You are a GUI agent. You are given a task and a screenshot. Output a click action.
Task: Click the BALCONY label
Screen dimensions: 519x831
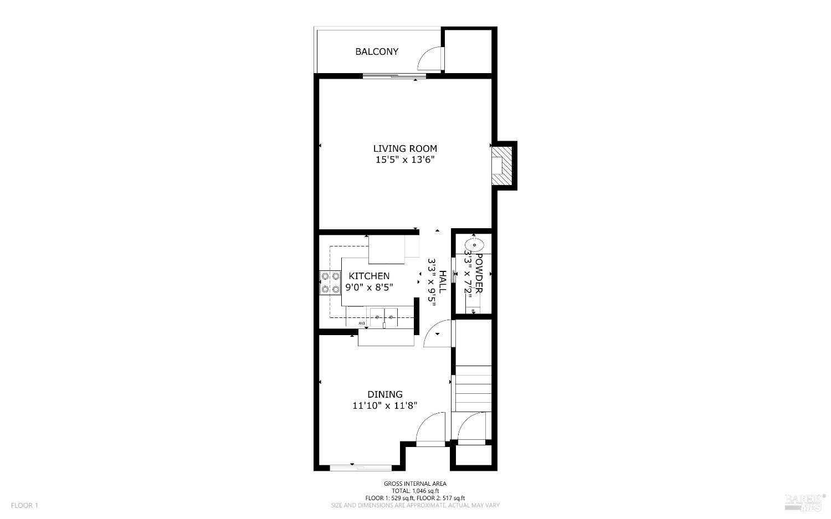tap(377, 52)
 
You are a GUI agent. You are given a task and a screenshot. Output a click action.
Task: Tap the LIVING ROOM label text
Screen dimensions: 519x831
tap(405, 148)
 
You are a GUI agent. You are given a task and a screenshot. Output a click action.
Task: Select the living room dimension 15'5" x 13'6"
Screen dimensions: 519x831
tap(405, 160)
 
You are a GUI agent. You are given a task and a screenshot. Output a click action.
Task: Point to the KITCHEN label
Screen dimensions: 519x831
tap(369, 276)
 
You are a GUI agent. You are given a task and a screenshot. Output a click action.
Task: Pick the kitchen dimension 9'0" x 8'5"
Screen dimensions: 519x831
tap(369, 287)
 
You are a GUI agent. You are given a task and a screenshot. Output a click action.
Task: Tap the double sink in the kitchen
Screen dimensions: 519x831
tap(384, 317)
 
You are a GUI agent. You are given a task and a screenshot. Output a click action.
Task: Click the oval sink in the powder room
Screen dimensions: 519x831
tap(474, 244)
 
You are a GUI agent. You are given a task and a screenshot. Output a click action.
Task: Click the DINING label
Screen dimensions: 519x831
tap(385, 394)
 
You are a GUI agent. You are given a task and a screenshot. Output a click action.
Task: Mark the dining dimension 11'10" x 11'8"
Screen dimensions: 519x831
tap(385, 406)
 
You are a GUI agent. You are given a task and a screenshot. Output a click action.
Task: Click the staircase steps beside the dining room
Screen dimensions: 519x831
tap(473, 388)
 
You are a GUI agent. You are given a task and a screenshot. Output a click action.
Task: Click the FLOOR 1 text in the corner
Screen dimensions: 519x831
tap(24, 505)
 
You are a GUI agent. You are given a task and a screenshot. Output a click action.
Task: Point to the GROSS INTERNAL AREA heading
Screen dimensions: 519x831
tap(415, 484)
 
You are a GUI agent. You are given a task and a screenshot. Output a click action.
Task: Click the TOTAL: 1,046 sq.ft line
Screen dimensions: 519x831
tap(415, 491)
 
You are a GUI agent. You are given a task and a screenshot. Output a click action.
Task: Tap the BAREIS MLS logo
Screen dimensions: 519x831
tap(804, 501)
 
